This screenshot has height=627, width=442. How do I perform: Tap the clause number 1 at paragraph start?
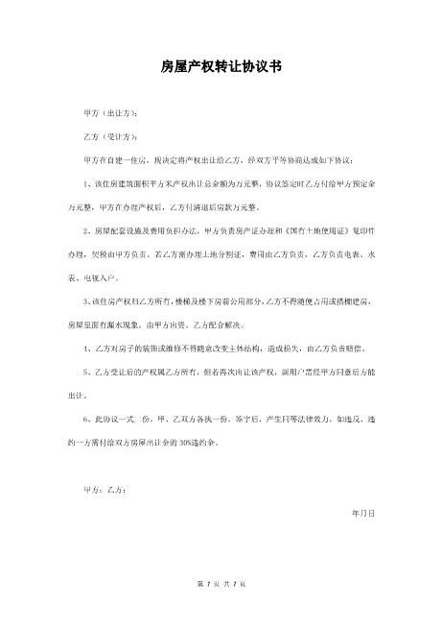[x=86, y=182]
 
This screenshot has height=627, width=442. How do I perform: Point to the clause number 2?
[x=86, y=230]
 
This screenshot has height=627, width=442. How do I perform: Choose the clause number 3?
[x=86, y=301]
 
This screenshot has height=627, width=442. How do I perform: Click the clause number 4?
[x=86, y=348]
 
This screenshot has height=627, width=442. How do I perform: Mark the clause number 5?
[x=86, y=371]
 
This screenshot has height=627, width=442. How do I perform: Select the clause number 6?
[x=86, y=418]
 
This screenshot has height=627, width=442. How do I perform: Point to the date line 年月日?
[x=364, y=513]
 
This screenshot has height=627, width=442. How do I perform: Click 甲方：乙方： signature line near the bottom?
[x=105, y=490]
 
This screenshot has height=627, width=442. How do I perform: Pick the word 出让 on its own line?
[x=76, y=395]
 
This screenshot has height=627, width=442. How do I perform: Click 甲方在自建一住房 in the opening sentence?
[x=115, y=159]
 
